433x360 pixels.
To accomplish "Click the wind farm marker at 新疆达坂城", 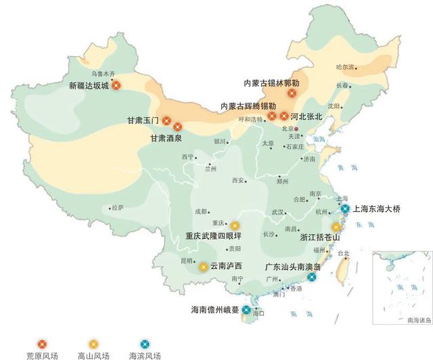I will pyautogui.click(x=116, y=85).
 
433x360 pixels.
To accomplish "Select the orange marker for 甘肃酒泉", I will pyautogui.click(x=178, y=126).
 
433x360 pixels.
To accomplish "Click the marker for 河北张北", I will pyautogui.click(x=284, y=116).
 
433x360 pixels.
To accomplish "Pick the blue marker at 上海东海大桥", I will pyautogui.click(x=345, y=209).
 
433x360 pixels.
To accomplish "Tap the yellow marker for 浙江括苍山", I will pyautogui.click(x=336, y=227).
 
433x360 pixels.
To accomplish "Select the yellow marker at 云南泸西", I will pyautogui.click(x=203, y=267).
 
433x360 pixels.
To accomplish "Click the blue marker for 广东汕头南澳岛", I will pyautogui.click(x=311, y=277).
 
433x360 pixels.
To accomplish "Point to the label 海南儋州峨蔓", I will pyautogui.click(x=214, y=311).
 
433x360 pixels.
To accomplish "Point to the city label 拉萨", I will pyautogui.click(x=118, y=207).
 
